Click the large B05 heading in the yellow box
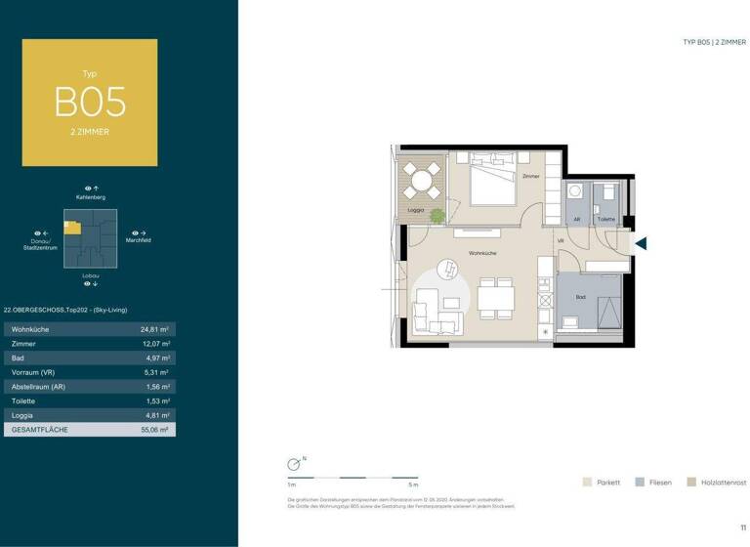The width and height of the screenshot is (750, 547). coord(90,102)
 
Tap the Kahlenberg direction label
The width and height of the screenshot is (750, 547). coord(91,198)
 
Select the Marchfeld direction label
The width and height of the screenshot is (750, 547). coord(138,240)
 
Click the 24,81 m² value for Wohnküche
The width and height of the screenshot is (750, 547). coord(156,329)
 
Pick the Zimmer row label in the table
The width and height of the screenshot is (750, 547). coord(24,344)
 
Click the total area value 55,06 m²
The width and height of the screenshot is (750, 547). coord(155,429)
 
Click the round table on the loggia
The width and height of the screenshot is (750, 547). coord(424,179)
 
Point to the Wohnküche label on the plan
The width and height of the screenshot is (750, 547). coord(481,252)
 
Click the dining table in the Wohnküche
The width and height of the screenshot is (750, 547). coord(496,297)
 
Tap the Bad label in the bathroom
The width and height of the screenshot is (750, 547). coord(580,297)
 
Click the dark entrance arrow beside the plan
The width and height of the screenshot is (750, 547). coord(641,243)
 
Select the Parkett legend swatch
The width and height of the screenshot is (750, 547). coord(586,482)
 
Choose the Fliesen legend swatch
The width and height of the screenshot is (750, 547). coord(639,482)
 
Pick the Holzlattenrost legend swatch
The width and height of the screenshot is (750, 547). coord(691,482)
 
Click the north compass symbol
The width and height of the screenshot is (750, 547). coord(293,466)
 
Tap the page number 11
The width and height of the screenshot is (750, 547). coord(742,527)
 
